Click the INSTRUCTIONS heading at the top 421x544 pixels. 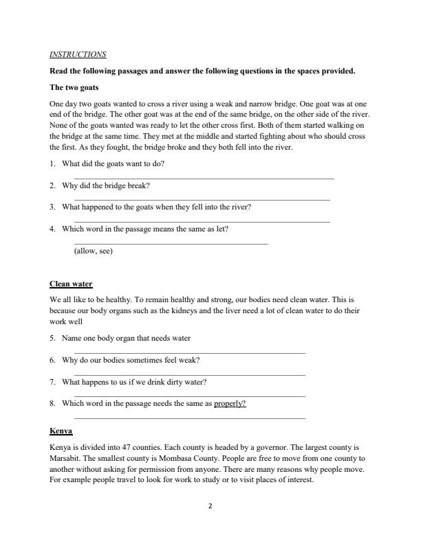(x=78, y=54)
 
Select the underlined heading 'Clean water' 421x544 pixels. (x=71, y=284)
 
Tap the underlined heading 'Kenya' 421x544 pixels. (x=61, y=431)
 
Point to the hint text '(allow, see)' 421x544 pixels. (x=93, y=251)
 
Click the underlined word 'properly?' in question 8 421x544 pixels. (x=230, y=403)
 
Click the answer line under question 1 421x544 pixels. (x=204, y=179)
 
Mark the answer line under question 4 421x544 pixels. (x=171, y=244)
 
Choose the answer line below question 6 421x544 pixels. (x=189, y=375)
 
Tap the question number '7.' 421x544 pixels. (x=53, y=382)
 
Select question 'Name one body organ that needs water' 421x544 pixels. (x=126, y=338)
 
